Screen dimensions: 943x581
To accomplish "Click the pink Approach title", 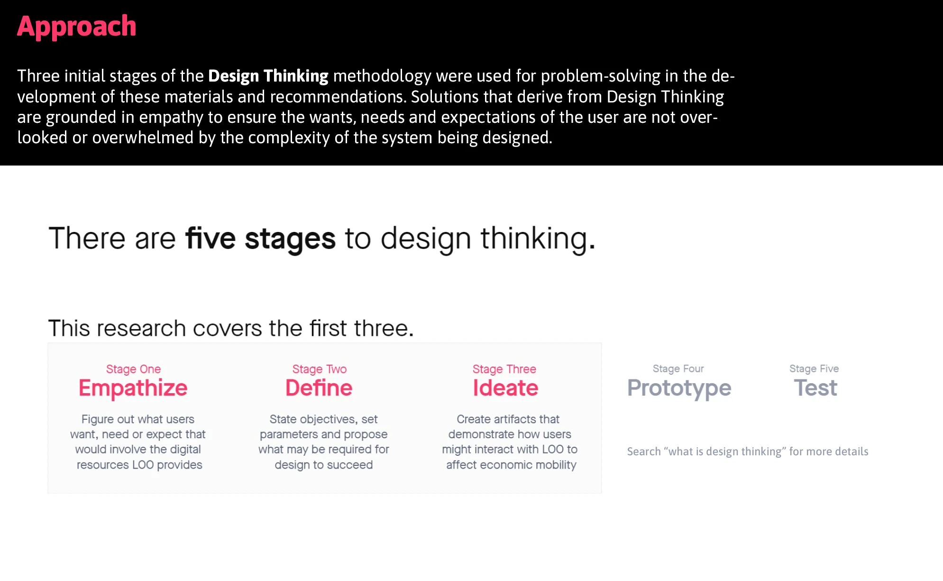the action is tap(77, 27).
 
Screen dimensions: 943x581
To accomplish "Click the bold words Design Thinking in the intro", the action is tap(268, 76).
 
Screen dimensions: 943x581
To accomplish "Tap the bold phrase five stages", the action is tap(260, 239).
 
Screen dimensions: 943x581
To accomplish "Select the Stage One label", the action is tap(133, 369).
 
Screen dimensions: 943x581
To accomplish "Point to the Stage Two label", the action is tap(320, 369).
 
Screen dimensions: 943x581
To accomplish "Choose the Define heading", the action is tap(319, 388).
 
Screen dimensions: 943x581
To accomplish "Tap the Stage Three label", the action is tap(504, 369).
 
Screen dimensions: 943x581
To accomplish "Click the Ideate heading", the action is tap(505, 388).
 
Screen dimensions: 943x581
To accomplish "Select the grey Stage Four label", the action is tap(678, 369).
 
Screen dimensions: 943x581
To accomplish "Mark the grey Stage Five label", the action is tap(814, 369).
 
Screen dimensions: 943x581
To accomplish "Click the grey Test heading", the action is tap(815, 388).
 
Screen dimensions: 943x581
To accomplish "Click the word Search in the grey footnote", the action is tap(644, 452).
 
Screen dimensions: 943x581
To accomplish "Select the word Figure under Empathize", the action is tap(98, 420).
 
